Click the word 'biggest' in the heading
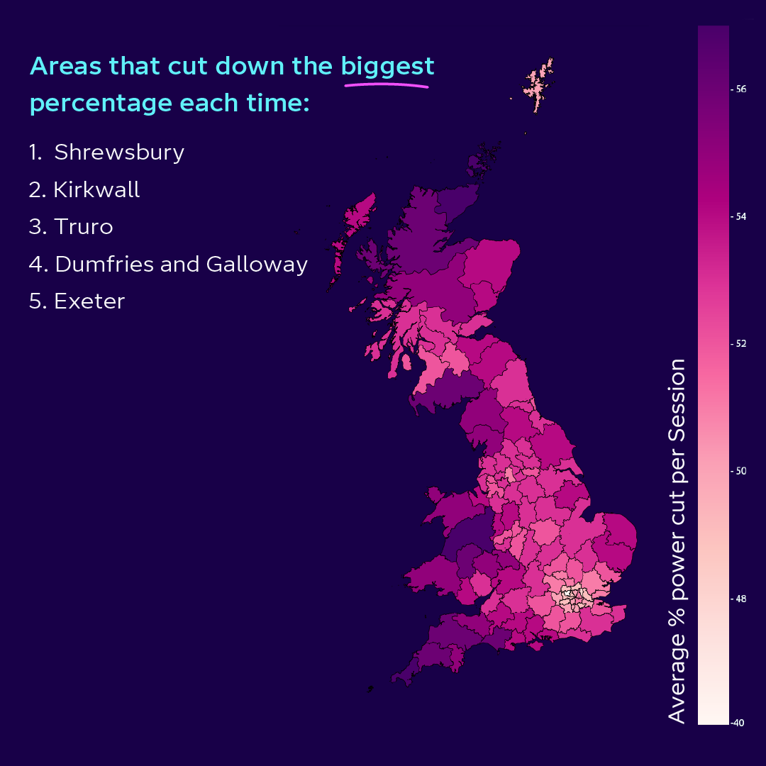click(387, 67)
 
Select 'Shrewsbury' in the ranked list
click(119, 152)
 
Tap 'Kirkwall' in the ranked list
click(96, 190)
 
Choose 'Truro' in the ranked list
click(83, 227)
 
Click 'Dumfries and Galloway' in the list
click(181, 265)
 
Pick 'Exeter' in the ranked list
click(89, 301)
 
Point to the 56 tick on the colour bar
click(740, 89)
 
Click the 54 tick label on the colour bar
click(740, 216)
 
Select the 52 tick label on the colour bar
click(740, 344)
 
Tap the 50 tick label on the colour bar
click(740, 471)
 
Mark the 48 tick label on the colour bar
click(740, 599)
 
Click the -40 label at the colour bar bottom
click(738, 723)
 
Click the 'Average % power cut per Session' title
click(678, 540)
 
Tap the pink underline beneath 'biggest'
click(387, 85)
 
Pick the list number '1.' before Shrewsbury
click(35, 152)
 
